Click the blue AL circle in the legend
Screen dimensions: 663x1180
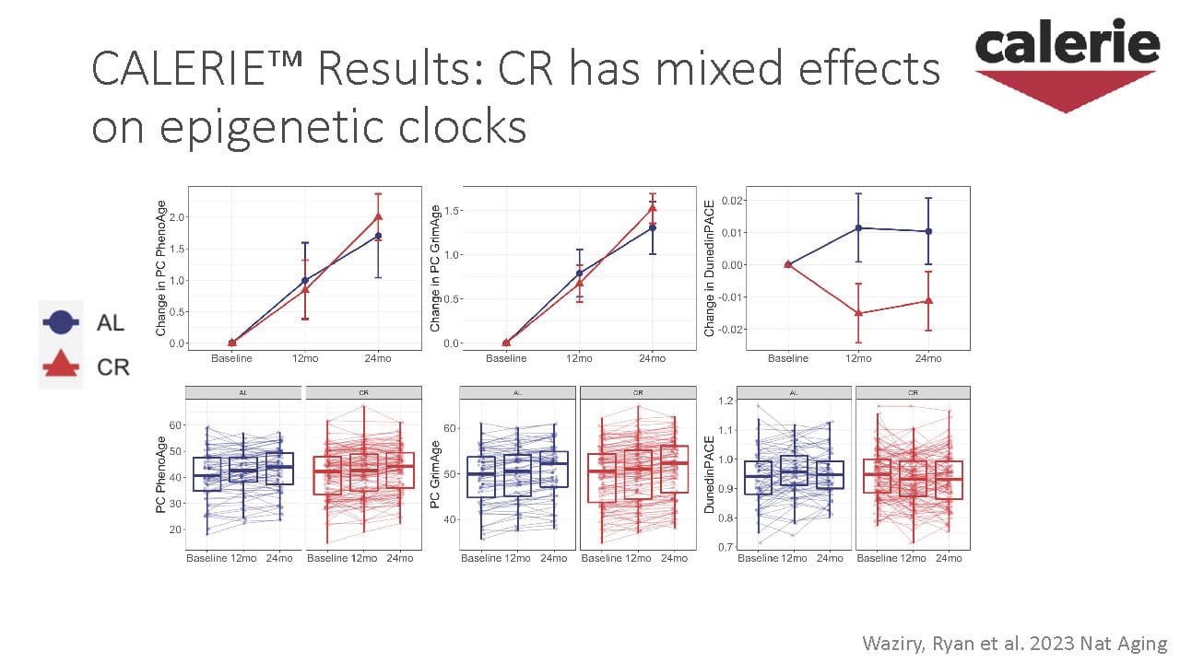click(60, 322)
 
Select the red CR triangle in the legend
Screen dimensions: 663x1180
click(60, 366)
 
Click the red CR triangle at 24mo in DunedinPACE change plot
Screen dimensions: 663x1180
click(928, 300)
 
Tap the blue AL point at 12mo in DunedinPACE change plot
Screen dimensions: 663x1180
click(858, 227)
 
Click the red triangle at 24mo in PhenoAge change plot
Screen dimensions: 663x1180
click(378, 217)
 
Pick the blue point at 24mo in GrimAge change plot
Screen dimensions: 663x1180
click(652, 227)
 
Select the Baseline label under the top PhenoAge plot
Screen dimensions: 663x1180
click(231, 358)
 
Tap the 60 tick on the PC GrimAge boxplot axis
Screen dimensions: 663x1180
click(451, 428)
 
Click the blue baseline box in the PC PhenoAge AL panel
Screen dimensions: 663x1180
click(207, 473)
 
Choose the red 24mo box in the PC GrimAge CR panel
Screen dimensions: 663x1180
click(675, 470)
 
